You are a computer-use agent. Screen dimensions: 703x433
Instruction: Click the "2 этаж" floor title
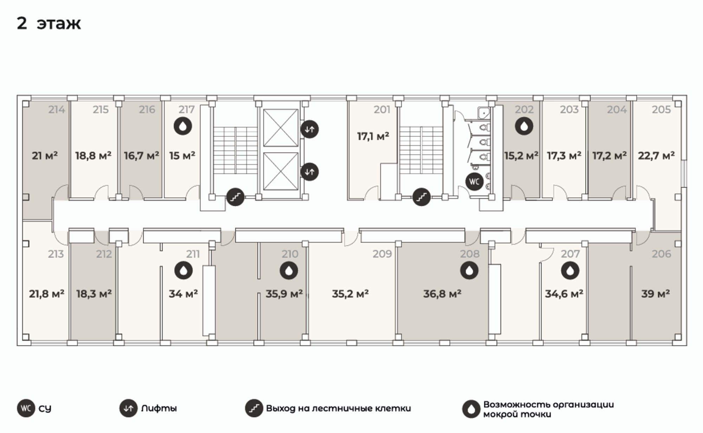pyautogui.click(x=49, y=23)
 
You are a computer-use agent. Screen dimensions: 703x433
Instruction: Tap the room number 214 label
pyautogui.click(x=57, y=109)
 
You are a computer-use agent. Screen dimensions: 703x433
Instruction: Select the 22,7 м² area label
pyautogui.click(x=656, y=155)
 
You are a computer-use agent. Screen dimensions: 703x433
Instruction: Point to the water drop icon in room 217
pyautogui.click(x=183, y=126)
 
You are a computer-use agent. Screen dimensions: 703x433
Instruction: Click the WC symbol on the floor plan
pyautogui.click(x=474, y=182)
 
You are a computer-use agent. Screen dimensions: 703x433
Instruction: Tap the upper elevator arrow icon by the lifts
pyautogui.click(x=309, y=129)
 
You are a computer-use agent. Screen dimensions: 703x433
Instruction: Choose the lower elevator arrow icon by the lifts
pyautogui.click(x=309, y=172)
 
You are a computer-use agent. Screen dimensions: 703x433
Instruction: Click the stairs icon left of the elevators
pyautogui.click(x=235, y=197)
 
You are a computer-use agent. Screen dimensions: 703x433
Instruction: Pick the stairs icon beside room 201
pyautogui.click(x=421, y=197)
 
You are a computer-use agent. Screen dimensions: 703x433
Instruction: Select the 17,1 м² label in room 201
pyautogui.click(x=373, y=136)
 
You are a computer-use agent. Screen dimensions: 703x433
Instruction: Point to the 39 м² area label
pyautogui.click(x=655, y=294)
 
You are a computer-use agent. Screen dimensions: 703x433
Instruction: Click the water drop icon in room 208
pyautogui.click(x=469, y=270)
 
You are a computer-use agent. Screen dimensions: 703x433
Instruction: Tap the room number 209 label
pyautogui.click(x=382, y=254)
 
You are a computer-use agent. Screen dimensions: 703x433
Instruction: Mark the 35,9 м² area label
pyautogui.click(x=284, y=294)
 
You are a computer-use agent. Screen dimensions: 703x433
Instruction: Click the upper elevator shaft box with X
pyautogui.click(x=280, y=127)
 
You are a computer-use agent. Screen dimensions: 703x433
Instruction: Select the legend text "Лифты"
pyautogui.click(x=159, y=408)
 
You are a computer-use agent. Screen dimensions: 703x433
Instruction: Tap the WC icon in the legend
pyautogui.click(x=26, y=408)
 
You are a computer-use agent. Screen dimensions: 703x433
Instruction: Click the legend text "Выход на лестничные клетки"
pyautogui.click(x=338, y=408)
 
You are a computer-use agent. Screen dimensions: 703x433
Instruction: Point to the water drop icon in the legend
pyautogui.click(x=471, y=409)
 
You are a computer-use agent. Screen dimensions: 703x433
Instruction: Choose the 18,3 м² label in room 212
pyautogui.click(x=94, y=294)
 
